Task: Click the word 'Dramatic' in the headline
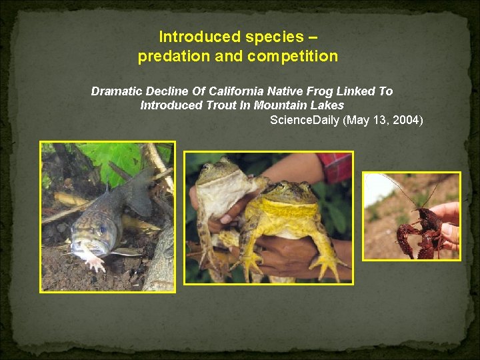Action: tap(115, 91)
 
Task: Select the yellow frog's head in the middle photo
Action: tap(289, 193)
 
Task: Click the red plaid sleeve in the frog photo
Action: tap(335, 167)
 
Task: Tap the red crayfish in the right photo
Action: tap(417, 230)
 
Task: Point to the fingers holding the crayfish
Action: tap(450, 223)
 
